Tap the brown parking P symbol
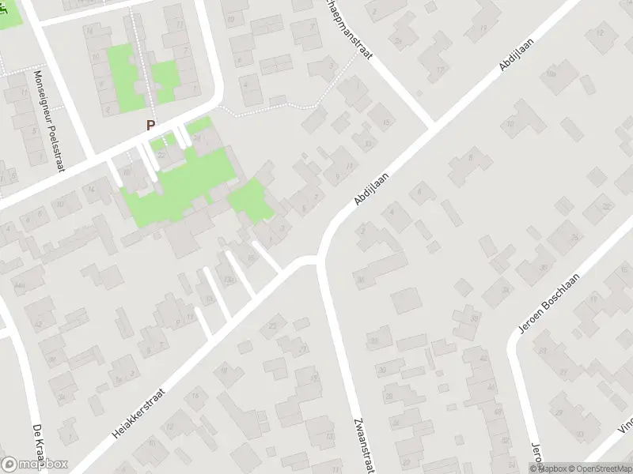point(150,125)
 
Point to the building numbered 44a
point(18,283)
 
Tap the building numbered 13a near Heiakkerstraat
point(229,280)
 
